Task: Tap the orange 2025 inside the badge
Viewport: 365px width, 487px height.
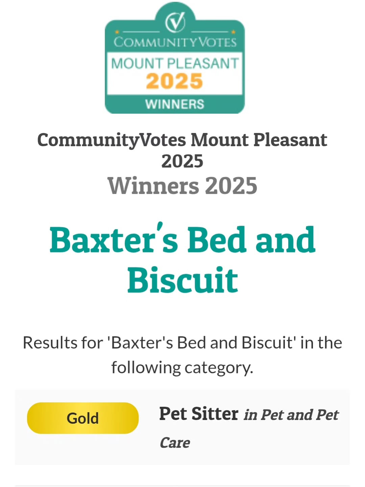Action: [174, 81]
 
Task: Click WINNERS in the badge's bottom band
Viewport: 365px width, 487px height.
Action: [175, 104]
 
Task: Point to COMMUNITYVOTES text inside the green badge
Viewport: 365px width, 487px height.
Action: [175, 42]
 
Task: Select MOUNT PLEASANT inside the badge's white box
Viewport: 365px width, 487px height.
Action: [175, 63]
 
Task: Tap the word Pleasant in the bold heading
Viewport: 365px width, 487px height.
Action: [290, 139]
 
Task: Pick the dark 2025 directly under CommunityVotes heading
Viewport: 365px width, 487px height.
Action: [182, 161]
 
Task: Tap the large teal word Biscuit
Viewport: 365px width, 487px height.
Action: [182, 280]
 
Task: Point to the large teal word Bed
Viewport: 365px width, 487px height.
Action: [216, 240]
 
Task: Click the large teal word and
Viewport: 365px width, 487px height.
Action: [285, 240]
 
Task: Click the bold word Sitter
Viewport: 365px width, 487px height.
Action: [215, 414]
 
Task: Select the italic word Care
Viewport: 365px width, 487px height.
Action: [175, 443]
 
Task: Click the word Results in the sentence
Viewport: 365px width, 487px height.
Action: [63, 343]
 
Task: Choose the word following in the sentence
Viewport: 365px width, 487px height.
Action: [146, 368]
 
